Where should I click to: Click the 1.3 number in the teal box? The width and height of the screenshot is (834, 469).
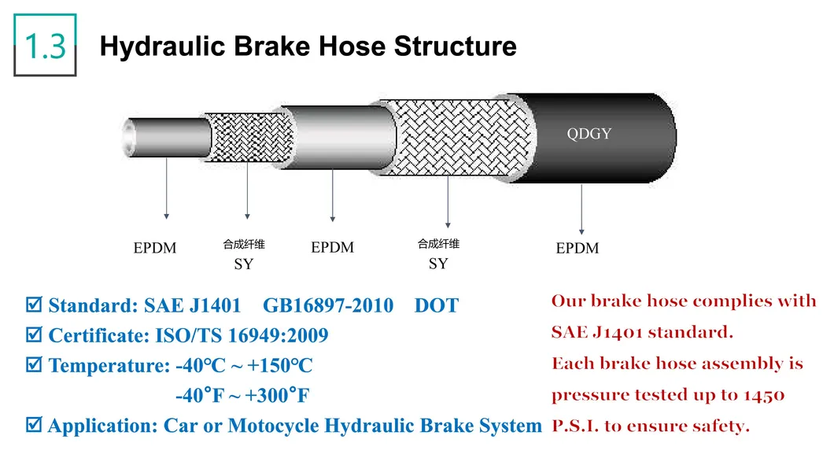[x=45, y=46]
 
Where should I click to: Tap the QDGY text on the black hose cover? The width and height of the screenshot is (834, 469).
[x=589, y=134]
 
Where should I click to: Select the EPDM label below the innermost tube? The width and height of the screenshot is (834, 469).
[x=155, y=249]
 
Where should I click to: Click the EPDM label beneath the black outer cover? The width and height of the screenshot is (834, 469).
[x=577, y=249]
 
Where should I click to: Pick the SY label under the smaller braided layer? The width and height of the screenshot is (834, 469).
[x=244, y=264]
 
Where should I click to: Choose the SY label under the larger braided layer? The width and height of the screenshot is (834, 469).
[x=438, y=264]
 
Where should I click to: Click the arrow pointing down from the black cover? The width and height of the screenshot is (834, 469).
[x=581, y=209]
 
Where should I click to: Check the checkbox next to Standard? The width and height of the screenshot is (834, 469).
[x=34, y=305]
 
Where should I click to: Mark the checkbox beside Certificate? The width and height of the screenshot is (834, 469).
[x=34, y=336]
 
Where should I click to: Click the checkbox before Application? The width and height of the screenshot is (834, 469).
[x=34, y=426]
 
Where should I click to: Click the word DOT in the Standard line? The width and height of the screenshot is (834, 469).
[x=436, y=305]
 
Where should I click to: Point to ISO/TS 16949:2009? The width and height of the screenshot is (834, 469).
[x=239, y=336]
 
